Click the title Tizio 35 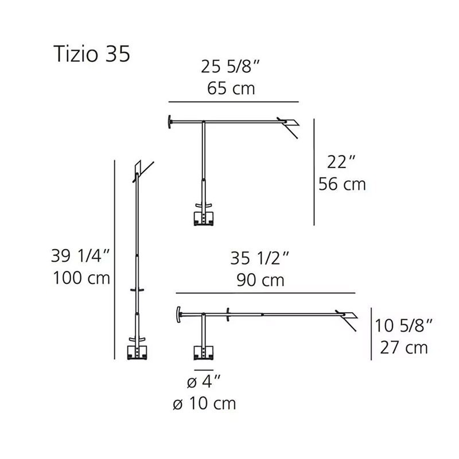tap(92, 54)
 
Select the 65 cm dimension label tap(231, 88)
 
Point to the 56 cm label tap(342, 184)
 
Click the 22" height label tap(341, 162)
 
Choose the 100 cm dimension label tap(81, 278)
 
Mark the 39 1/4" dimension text tap(80, 255)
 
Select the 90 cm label tap(260, 280)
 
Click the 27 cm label tap(404, 348)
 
